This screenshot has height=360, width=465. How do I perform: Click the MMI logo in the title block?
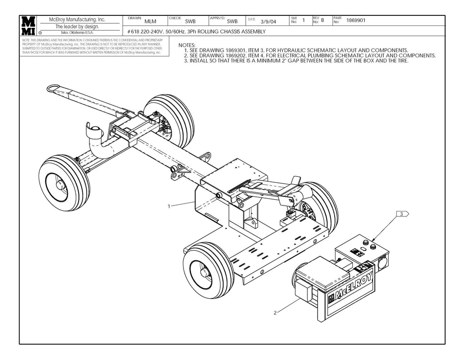point(28,26)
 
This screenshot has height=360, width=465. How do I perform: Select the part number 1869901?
point(356,20)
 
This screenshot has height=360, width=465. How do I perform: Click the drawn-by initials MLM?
point(150,21)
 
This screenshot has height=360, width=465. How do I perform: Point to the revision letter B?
point(322,20)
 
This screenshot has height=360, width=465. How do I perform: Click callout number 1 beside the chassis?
point(169,206)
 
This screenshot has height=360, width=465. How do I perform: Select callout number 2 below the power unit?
point(275,313)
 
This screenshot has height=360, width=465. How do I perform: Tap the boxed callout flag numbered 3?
point(402,213)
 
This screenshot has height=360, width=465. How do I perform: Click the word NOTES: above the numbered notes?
point(187,45)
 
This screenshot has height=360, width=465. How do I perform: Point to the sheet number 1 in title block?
point(303,20)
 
